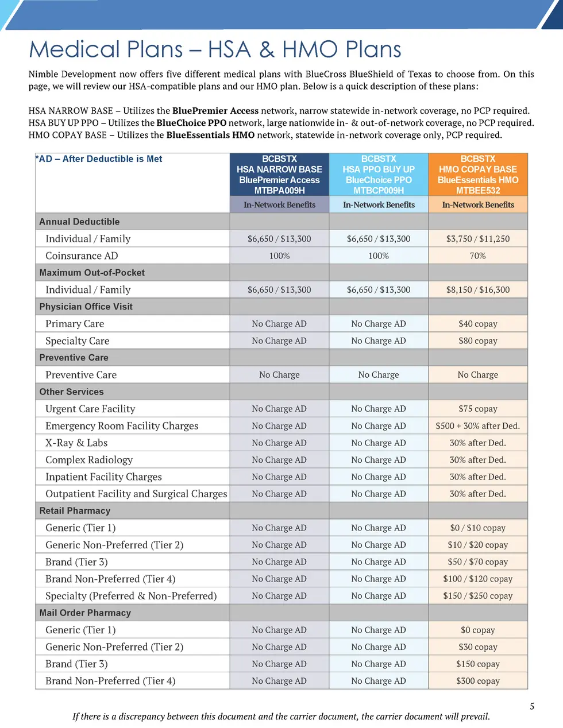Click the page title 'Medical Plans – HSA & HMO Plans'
[215, 49]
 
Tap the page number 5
[532, 706]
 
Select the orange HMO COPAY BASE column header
[477, 174]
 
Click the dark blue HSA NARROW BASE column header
[279, 174]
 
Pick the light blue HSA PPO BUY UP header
[379, 174]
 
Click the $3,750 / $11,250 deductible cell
[477, 239]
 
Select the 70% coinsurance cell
[477, 256]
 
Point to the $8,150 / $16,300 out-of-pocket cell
[477, 290]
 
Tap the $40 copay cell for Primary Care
[477, 324]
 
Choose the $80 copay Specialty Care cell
[477, 341]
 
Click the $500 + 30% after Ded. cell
[477, 426]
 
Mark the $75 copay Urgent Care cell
[477, 409]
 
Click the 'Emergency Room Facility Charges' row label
[122, 426]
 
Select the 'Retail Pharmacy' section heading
[75, 511]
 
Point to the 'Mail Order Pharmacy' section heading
[85, 613]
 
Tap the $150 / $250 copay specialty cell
[477, 596]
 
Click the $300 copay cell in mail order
[477, 681]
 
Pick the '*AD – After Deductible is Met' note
[99, 159]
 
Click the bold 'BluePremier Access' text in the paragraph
[215, 111]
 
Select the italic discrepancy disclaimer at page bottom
[281, 717]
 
